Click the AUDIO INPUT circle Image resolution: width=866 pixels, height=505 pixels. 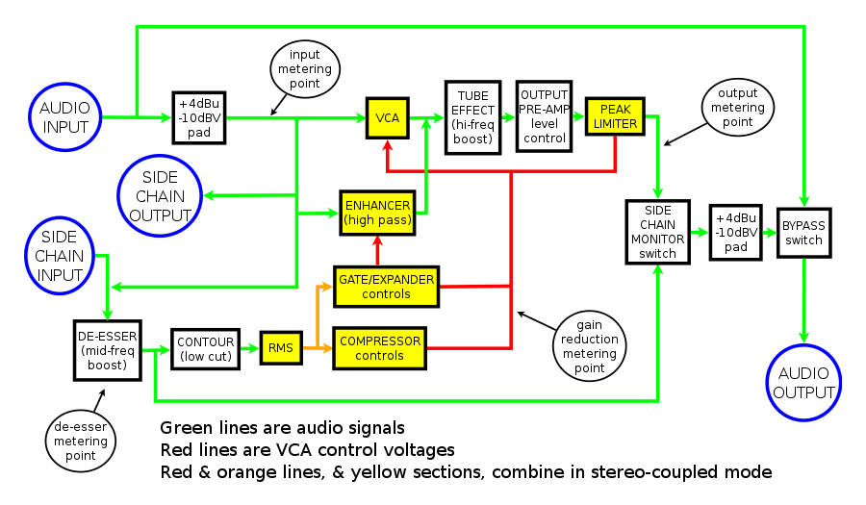(x=64, y=117)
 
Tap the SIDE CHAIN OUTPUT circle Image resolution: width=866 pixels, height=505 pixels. (x=160, y=196)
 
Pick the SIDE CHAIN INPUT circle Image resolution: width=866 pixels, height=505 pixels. (x=60, y=257)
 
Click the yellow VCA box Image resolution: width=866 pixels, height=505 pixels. (x=388, y=118)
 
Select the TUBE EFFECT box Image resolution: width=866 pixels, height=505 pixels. (x=474, y=117)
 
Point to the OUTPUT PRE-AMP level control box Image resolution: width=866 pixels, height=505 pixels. (x=544, y=116)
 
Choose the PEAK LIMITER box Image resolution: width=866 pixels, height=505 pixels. (x=615, y=116)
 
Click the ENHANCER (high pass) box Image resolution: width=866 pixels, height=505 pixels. (x=377, y=214)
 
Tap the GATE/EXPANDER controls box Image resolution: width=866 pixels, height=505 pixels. (x=385, y=287)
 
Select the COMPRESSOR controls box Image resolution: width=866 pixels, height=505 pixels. (x=380, y=348)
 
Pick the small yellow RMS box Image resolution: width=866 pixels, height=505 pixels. (x=280, y=348)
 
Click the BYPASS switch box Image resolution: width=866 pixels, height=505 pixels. (x=803, y=232)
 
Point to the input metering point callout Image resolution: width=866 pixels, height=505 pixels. (x=304, y=69)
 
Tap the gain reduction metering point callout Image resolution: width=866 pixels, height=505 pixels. (x=588, y=341)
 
